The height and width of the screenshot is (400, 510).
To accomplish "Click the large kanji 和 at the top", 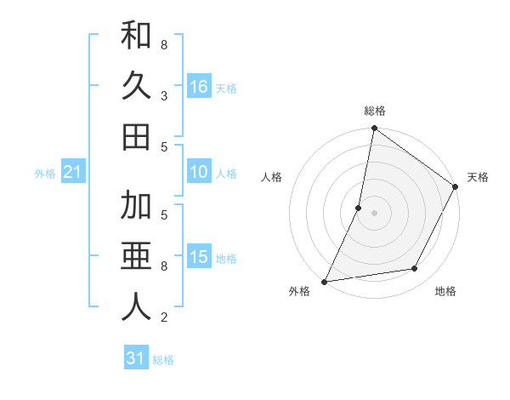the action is pos(136,36).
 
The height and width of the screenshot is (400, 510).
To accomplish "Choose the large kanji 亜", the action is pos(136,256).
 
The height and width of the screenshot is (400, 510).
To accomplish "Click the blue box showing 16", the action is pos(199,87).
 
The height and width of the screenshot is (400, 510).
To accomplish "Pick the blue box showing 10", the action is pos(199,173).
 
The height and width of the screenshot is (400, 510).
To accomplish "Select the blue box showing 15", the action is pos(199,258).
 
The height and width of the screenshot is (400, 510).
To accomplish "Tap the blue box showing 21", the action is pos(72,173).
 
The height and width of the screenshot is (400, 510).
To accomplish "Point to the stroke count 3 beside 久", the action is pos(163,95).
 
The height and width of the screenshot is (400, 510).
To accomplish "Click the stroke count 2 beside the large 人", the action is pos(163,317).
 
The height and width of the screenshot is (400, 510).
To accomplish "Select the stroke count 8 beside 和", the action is pos(163,44).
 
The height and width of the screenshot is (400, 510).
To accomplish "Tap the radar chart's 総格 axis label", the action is pos(375,111).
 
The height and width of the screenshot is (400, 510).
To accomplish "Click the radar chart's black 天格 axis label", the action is pos(478,177).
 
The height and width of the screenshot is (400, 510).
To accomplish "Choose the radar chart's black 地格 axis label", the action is pos(445,292).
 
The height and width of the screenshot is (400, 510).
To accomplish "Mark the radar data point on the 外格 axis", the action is pos(325,281).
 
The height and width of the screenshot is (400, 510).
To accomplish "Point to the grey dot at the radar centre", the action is pos(375,213).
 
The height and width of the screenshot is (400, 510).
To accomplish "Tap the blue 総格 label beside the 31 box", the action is pos(163,360).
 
